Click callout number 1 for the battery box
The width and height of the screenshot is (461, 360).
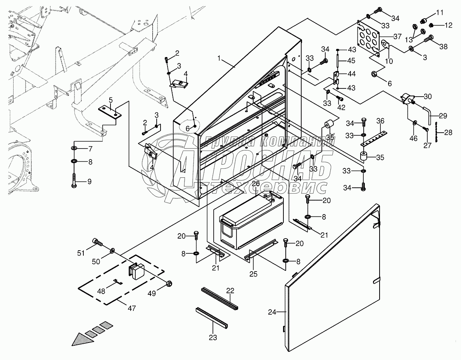[219, 58]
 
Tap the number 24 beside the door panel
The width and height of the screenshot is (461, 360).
[272, 312]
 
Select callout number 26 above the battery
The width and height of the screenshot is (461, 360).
[256, 183]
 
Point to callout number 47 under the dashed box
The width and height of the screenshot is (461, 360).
[132, 308]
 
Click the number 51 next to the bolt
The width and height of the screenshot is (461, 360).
[81, 253]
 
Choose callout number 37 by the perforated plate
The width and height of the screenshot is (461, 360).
[397, 36]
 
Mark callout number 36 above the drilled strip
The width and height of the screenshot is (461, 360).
[380, 121]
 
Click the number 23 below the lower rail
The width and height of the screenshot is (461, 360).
[213, 337]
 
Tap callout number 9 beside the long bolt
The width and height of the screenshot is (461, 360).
[89, 182]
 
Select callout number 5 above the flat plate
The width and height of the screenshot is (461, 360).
[111, 100]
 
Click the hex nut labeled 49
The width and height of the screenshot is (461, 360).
[169, 284]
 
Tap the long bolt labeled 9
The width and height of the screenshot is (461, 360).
[74, 180]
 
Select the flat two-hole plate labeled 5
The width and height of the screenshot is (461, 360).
[109, 112]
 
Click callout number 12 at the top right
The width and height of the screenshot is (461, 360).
[448, 25]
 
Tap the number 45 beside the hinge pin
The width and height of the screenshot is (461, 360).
[351, 61]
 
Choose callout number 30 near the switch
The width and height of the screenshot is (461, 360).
[428, 96]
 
